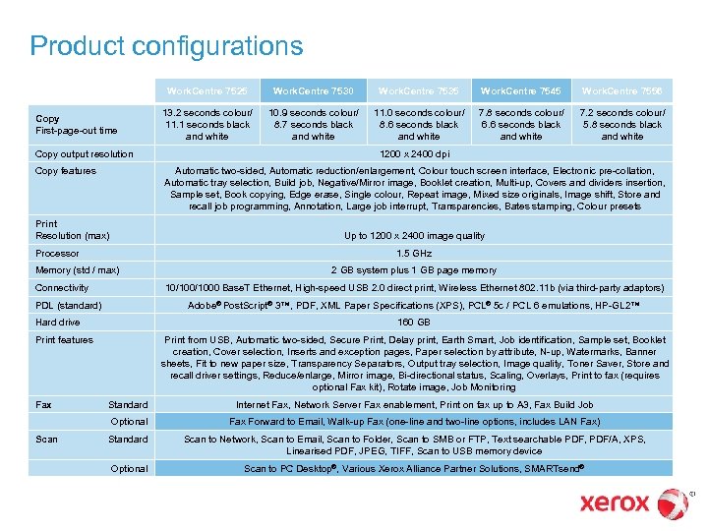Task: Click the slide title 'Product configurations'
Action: point(166,46)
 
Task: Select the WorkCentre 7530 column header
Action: point(313,90)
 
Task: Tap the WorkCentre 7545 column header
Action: point(520,90)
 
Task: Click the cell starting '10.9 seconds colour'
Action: point(313,124)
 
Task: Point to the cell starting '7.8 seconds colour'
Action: point(520,124)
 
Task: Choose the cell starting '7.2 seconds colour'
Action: point(622,124)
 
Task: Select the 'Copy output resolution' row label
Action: point(84,154)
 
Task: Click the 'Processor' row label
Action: point(57,253)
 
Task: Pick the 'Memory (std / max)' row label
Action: point(77,269)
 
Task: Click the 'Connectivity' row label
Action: point(62,287)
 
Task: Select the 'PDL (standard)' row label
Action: point(69,305)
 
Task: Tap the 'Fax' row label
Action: point(43,404)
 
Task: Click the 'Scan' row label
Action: point(46,439)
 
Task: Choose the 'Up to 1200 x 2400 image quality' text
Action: point(413,235)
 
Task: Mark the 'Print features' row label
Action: point(64,339)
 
